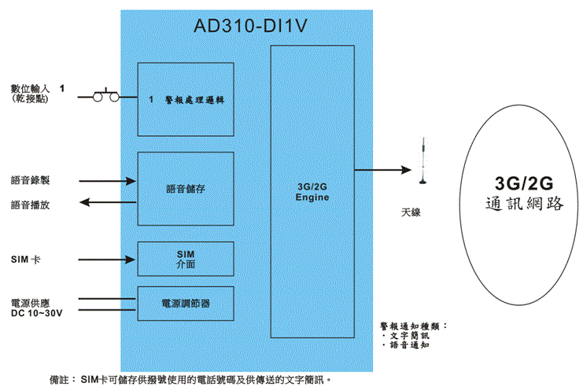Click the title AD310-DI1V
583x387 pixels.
tap(249, 27)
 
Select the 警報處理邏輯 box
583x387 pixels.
tap(186, 99)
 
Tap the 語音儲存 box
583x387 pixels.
tap(186, 189)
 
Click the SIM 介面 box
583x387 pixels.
tap(186, 259)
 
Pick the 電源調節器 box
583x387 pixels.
tap(186, 303)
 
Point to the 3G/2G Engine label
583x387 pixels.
tap(312, 192)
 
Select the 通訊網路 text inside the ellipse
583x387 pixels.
tap(524, 204)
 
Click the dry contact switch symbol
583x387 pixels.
tap(106, 96)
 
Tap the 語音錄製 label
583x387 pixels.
tap(30, 180)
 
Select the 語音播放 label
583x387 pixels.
tap(30, 205)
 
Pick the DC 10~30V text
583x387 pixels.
tap(36, 313)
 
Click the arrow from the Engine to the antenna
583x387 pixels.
tap(382, 169)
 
